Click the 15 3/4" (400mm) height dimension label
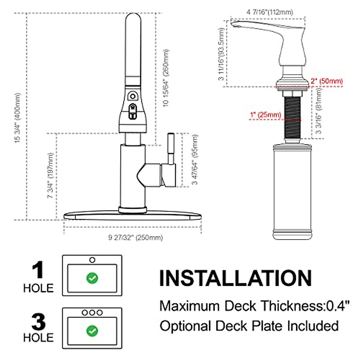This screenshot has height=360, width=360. point(18,118)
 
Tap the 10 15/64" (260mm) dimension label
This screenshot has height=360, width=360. point(166,78)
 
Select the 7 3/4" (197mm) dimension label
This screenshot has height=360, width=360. point(50,175)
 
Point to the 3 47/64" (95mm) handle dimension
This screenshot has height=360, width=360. point(194,160)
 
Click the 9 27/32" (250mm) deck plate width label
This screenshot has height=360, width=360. point(135,238)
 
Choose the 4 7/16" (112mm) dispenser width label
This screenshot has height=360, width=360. point(270,12)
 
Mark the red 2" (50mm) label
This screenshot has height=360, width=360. point(327,81)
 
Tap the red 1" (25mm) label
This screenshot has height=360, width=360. point(265,114)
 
